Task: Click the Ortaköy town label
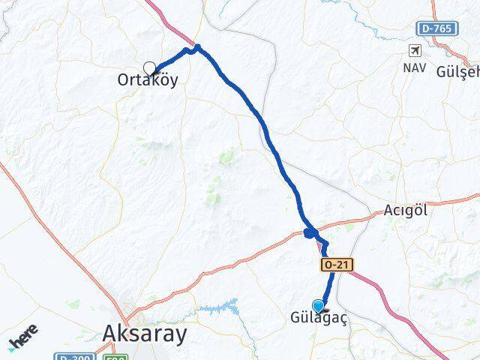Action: tap(148, 79)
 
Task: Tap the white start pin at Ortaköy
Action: tap(149, 67)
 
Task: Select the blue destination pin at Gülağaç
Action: tap(319, 306)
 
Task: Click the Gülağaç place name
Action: tap(319, 319)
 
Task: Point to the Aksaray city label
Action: tap(142, 334)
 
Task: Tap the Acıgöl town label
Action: tap(405, 210)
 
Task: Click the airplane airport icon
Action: tap(415, 50)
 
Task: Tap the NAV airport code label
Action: tap(414, 67)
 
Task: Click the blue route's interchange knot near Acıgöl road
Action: tap(310, 233)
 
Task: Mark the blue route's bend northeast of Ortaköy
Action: tap(196, 49)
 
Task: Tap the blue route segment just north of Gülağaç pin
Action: tap(325, 285)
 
